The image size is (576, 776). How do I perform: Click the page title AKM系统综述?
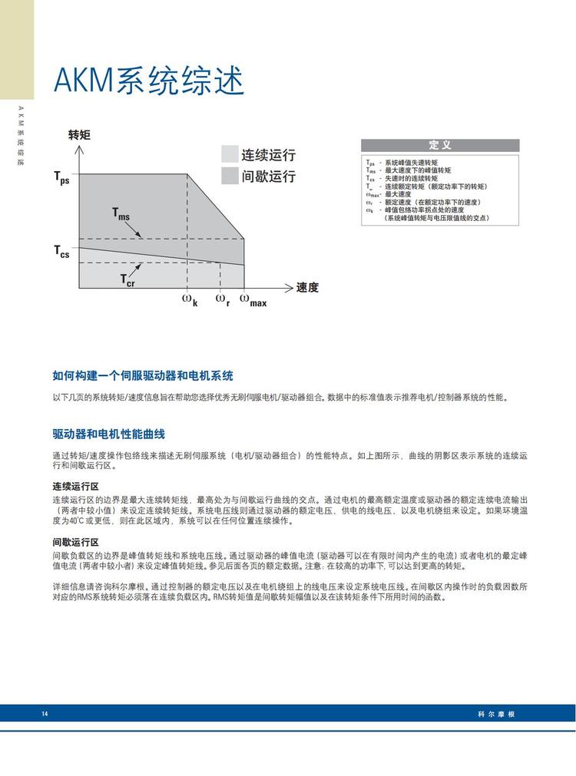point(148,81)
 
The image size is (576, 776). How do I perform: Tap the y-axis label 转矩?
point(79,135)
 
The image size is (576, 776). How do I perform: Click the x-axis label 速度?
point(307,288)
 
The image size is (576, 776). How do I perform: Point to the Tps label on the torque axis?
point(61,178)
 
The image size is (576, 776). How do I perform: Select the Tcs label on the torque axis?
point(61,251)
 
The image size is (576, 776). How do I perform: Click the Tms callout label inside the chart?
point(121,214)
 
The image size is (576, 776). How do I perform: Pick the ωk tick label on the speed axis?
point(189,299)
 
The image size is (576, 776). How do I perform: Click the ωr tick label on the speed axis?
point(222,299)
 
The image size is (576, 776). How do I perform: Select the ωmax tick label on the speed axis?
point(253,300)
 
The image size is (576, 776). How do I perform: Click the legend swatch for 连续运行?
point(230,154)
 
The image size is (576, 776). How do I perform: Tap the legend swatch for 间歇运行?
point(230,176)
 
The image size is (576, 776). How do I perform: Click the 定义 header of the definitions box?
point(440,145)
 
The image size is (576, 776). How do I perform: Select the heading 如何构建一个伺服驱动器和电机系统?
point(143,376)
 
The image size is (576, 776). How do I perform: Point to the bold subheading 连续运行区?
point(75,487)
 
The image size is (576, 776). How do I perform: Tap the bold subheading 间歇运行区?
point(75,542)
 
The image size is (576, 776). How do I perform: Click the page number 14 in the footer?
point(45,714)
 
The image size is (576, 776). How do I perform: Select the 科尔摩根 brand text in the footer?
point(495,714)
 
